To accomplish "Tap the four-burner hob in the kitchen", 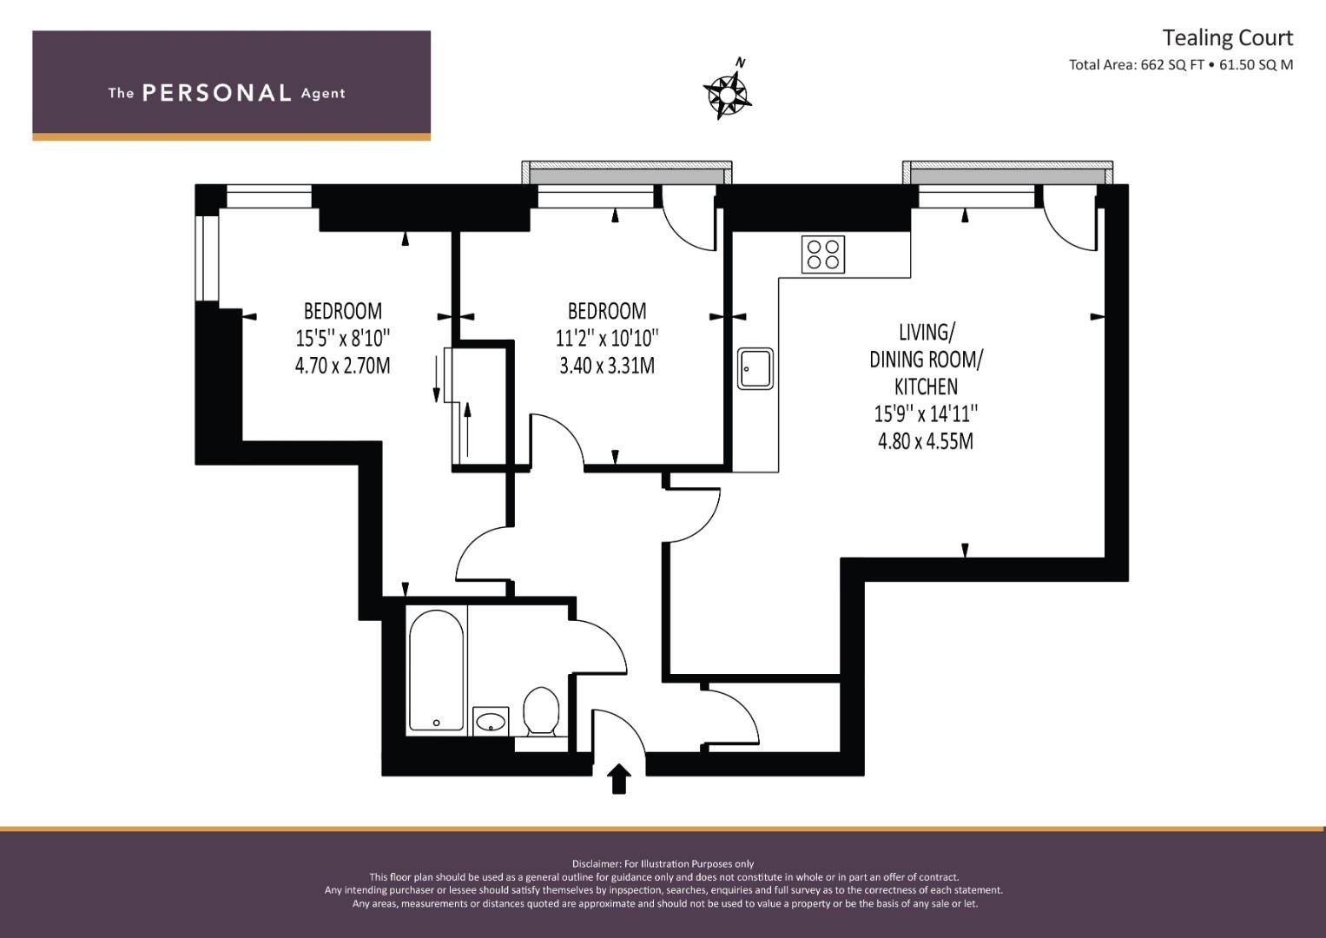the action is pyautogui.click(x=823, y=254).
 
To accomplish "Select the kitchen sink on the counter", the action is pyautogui.click(x=755, y=368).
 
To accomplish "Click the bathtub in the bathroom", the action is pyautogui.click(x=436, y=670).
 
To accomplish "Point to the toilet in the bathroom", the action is pyautogui.click(x=541, y=710).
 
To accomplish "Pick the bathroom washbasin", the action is pyautogui.click(x=491, y=721).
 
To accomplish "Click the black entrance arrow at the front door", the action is pyautogui.click(x=618, y=778).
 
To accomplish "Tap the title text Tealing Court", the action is pyautogui.click(x=1228, y=38).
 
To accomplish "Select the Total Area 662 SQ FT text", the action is pyautogui.click(x=1137, y=65).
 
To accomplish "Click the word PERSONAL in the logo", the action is pyautogui.click(x=217, y=93).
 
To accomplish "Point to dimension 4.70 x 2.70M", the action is pyautogui.click(x=343, y=366).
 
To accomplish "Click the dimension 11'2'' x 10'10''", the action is pyautogui.click(x=607, y=338).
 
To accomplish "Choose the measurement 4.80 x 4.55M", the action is pyautogui.click(x=925, y=441).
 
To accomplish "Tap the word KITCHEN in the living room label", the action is pyautogui.click(x=926, y=386).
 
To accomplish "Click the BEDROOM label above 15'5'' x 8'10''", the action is pyautogui.click(x=343, y=311).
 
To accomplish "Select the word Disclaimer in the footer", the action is pyautogui.click(x=597, y=864).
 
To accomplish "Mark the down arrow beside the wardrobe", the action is pyautogui.click(x=436, y=379).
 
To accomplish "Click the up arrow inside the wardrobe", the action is pyautogui.click(x=468, y=429).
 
